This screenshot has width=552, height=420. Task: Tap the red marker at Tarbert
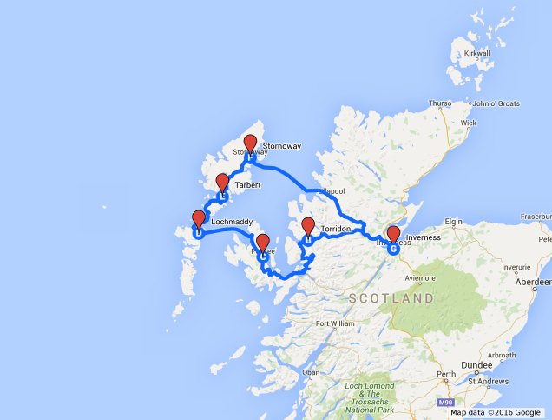click(222, 183)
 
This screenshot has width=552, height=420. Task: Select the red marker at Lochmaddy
click(198, 220)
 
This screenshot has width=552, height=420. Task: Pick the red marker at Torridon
click(307, 228)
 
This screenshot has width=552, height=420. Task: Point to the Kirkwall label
click(477, 54)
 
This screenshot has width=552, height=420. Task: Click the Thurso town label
click(440, 103)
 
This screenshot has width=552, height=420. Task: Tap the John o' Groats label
click(496, 104)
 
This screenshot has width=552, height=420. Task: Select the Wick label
click(469, 123)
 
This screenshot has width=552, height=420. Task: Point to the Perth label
click(445, 375)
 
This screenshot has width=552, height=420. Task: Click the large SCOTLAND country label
click(391, 298)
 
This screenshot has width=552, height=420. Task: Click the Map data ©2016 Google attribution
click(495, 412)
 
